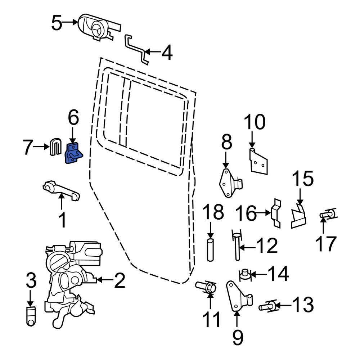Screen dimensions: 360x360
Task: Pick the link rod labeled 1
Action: coord(61,191)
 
